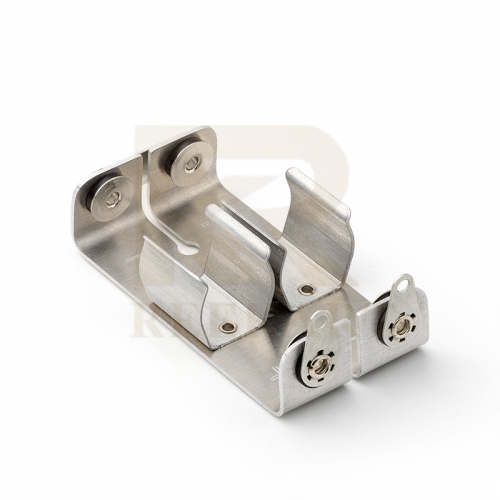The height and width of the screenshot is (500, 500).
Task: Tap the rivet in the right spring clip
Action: coord(307,289)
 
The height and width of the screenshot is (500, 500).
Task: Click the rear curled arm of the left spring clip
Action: coord(240,240)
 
